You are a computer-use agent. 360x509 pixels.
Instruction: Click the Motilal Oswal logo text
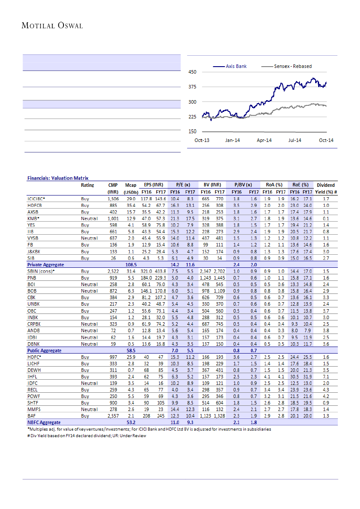[52, 26]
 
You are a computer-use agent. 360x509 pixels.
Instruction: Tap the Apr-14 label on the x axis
[264, 140]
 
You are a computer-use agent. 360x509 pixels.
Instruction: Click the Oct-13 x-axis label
[202, 140]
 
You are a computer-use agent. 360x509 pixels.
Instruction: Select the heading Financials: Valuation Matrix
[58, 178]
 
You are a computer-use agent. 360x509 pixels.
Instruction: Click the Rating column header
[87, 185]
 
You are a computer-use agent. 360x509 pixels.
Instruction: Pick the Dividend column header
[326, 185]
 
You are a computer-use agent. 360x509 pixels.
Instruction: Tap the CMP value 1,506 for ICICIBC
[113, 199]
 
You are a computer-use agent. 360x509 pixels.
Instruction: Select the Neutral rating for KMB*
[89, 218]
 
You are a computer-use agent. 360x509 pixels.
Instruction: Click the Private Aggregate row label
[46, 264]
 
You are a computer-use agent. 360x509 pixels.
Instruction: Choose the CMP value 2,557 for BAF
[113, 416]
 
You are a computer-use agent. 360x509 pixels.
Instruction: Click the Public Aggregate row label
[44, 350]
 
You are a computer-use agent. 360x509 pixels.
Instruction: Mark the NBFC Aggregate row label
[44, 422]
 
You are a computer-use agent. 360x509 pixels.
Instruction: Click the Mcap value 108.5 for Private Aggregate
[131, 264]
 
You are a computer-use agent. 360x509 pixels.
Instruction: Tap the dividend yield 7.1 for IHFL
[326, 376]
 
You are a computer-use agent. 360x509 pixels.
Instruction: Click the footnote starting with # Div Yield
[87, 435]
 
